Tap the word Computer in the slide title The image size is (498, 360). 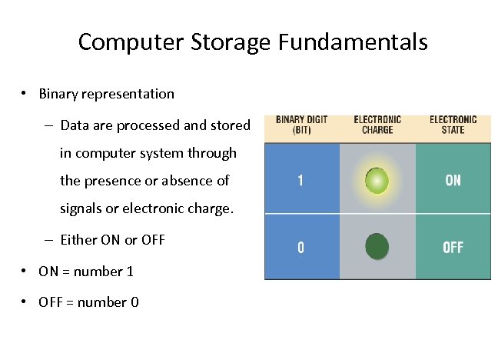point(125,42)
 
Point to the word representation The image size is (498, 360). point(130,95)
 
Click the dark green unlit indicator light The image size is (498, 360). point(377,247)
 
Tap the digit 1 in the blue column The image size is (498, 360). point(300,181)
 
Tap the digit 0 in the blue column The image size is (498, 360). point(300,248)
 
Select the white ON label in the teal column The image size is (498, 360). point(453,180)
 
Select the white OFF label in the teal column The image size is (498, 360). point(453,248)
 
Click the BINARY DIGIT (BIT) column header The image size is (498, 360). point(301,125)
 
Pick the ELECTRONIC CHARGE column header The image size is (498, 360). point(377,125)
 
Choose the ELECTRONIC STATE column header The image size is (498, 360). point(453,125)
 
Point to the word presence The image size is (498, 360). point(111,181)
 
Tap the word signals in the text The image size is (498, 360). point(82,208)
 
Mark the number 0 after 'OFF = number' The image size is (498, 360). point(134,302)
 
